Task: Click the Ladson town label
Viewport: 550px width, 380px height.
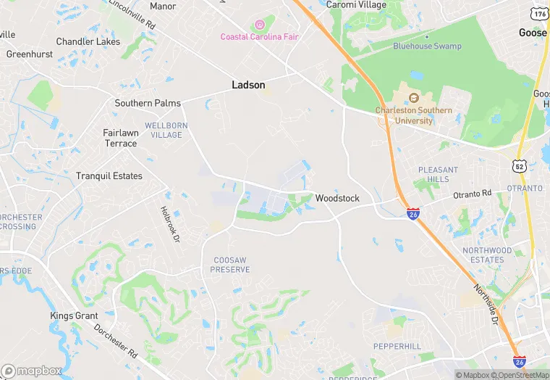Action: click(248, 85)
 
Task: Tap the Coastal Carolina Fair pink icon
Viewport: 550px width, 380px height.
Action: click(260, 25)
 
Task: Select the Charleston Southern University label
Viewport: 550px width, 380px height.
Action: click(414, 115)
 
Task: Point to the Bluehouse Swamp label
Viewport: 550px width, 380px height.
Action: click(427, 46)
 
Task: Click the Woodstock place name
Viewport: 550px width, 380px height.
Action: click(337, 198)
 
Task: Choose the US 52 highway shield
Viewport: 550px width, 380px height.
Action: click(520, 166)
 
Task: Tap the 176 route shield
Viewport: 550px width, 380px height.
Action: click(538, 14)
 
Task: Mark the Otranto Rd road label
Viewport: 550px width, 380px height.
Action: click(472, 194)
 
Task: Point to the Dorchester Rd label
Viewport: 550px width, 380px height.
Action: click(116, 341)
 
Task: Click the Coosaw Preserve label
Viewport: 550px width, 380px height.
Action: click(230, 265)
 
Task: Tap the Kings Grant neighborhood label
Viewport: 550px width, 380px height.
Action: click(73, 315)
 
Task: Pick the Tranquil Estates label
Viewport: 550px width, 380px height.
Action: click(109, 176)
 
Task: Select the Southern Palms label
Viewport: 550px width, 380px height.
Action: click(148, 104)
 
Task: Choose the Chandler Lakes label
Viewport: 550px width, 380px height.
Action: click(88, 41)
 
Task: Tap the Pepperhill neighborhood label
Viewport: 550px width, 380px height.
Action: click(397, 347)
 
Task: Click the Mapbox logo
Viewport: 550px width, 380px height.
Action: click(32, 370)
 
